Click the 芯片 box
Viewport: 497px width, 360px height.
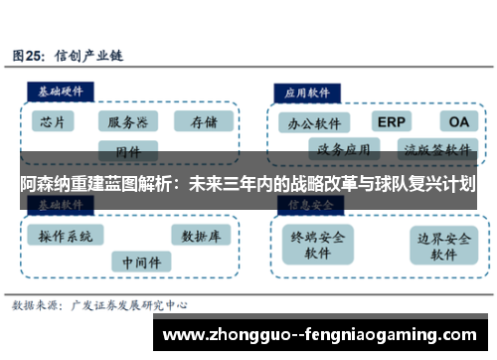(55, 122)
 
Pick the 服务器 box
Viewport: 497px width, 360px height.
(128, 122)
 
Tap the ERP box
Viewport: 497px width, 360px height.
(392, 121)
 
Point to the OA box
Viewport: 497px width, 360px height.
(458, 121)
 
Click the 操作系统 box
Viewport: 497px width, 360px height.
(66, 237)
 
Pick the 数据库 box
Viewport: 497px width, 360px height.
(202, 236)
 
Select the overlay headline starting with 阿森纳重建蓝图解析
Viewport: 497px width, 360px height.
(248, 184)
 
